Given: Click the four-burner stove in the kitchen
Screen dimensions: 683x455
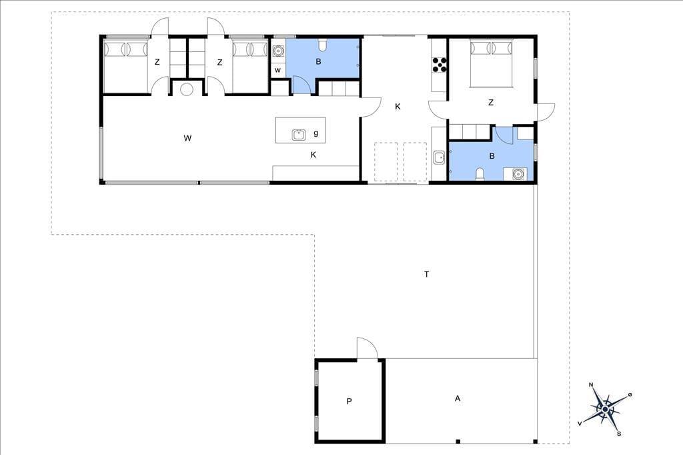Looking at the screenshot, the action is click(x=440, y=65).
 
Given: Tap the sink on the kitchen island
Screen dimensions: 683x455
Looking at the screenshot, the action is click(x=299, y=135).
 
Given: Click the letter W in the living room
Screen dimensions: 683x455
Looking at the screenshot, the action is click(x=187, y=139).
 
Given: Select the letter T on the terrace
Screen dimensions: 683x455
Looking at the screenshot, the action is click(x=427, y=274).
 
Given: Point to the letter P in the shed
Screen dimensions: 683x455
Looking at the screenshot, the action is click(x=349, y=402).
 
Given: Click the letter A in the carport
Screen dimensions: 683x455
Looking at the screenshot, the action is click(x=458, y=398).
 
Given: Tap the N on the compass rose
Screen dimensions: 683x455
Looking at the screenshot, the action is click(x=591, y=384).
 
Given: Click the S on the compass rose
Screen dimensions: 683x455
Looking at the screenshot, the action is click(x=618, y=434).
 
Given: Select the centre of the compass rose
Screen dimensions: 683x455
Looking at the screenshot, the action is click(x=605, y=409).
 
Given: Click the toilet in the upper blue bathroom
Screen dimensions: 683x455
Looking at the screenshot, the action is click(x=323, y=45).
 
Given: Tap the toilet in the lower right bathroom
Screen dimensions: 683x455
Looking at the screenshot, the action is click(x=480, y=174).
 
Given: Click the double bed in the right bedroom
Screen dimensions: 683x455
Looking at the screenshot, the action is click(x=492, y=63).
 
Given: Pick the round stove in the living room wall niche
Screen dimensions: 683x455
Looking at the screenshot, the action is click(x=187, y=89).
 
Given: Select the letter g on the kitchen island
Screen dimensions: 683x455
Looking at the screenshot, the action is click(x=315, y=133).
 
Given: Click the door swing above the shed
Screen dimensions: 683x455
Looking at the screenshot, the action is click(x=367, y=348).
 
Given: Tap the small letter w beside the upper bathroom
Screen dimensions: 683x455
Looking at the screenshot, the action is click(x=278, y=70).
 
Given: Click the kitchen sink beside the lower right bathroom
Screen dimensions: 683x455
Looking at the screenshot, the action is click(x=439, y=157).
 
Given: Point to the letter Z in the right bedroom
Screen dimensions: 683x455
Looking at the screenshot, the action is click(x=491, y=103).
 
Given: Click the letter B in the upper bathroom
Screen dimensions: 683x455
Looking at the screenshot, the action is click(x=318, y=62).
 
